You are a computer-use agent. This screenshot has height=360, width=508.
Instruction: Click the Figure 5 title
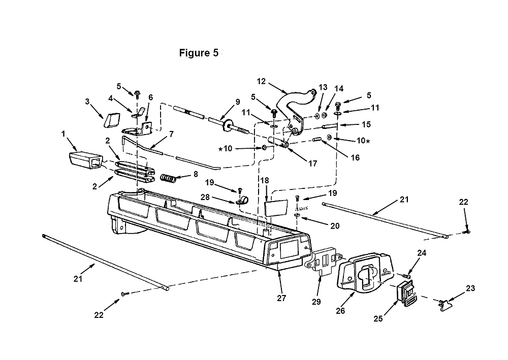tap(199, 53)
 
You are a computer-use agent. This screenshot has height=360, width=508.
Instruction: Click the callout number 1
tap(63, 134)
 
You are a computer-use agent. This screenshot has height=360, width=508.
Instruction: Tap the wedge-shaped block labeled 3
tap(111, 120)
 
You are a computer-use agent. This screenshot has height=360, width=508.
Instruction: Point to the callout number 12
tap(261, 81)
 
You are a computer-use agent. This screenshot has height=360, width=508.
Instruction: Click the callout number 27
tap(281, 298)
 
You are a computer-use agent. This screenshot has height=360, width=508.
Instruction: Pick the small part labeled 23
tap(447, 304)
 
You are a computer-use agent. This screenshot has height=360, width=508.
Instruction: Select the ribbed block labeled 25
tap(405, 292)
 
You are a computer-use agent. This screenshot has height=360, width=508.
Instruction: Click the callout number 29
tap(316, 302)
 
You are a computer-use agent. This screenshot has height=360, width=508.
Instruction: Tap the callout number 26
tap(340, 311)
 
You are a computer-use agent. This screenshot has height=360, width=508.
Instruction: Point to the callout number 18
tap(265, 180)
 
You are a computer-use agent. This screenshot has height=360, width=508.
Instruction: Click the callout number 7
tap(171, 134)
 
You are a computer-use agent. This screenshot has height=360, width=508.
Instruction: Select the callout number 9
tap(238, 102)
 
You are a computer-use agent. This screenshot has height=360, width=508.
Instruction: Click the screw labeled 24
tap(405, 276)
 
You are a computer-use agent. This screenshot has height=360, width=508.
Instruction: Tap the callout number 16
tap(356, 158)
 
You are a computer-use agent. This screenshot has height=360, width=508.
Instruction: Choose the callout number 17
tap(312, 163)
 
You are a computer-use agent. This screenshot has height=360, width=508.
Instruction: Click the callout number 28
tap(205, 197)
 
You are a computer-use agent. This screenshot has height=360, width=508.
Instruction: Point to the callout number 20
tap(335, 225)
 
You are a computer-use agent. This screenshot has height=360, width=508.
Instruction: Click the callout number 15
tap(366, 124)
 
